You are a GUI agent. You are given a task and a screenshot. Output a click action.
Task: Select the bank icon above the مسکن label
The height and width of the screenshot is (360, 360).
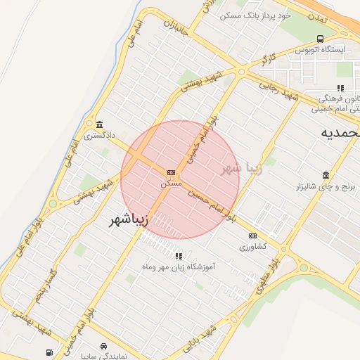(x=171, y=172)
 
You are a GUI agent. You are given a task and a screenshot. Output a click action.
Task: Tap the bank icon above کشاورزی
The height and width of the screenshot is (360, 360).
(x=253, y=236)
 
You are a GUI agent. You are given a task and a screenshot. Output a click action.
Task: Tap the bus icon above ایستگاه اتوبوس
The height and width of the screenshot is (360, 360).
(x=321, y=39)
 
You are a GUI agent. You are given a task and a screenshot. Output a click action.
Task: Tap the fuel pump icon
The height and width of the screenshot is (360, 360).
(x=49, y=352)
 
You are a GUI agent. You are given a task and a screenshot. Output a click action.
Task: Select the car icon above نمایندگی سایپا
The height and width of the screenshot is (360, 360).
(x=104, y=347)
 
